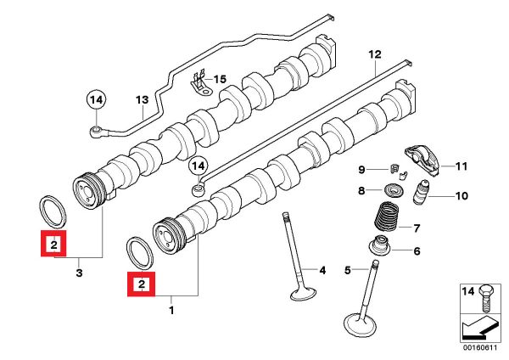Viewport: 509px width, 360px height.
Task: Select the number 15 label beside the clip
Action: [x=221, y=79]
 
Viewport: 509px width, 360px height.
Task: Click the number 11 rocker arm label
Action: [x=461, y=165]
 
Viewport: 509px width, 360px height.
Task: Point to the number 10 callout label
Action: [x=461, y=197]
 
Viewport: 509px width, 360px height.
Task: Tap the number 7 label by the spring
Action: [x=417, y=228]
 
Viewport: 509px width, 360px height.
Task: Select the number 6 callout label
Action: [x=417, y=250]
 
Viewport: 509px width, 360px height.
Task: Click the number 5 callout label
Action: [x=348, y=271]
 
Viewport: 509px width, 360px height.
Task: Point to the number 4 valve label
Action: [x=322, y=271]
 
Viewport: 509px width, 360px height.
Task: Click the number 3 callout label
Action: [x=79, y=273]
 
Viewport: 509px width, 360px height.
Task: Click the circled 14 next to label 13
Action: [x=97, y=99]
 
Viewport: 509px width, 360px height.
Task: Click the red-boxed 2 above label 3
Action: [x=53, y=245]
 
